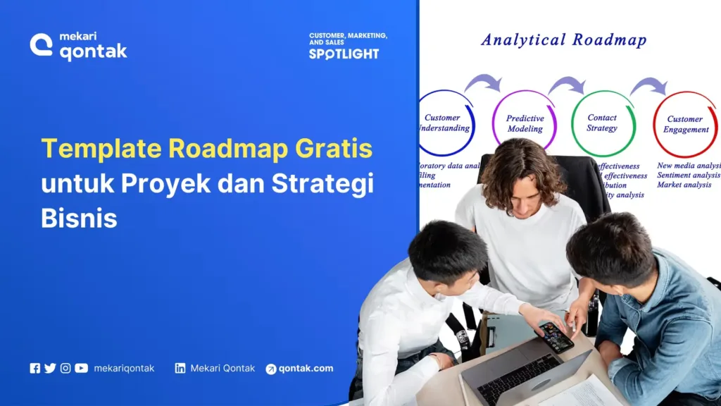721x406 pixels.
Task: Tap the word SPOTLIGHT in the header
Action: (344, 54)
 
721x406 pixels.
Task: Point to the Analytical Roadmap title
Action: (563, 39)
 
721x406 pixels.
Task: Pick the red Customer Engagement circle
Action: (685, 124)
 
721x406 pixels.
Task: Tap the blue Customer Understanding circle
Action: (444, 123)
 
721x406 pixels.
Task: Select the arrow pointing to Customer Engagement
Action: (648, 87)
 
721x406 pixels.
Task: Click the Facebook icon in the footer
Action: (35, 368)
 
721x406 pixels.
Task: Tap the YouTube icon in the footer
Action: (82, 368)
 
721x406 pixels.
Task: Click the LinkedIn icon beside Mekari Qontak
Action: (180, 368)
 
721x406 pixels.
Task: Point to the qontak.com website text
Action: (306, 368)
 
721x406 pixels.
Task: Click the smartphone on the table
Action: (556, 336)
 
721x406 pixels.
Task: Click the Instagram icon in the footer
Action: (65, 368)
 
